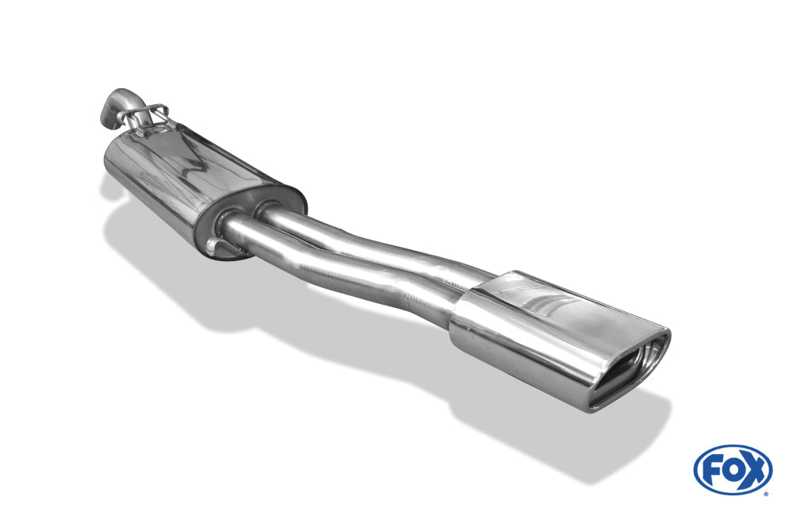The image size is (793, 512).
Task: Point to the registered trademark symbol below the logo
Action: point(766,494)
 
